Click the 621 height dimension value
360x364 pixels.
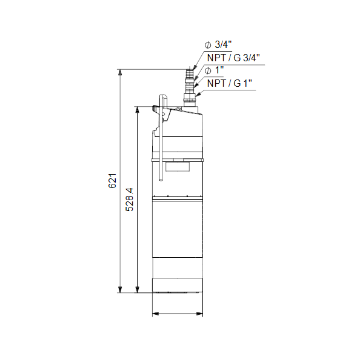pos(113,181)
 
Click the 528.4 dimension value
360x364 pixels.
pos(130,200)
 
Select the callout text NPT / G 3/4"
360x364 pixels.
pos(233,58)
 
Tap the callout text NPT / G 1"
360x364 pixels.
pos(230,83)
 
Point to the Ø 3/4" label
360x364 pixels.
pos(218,44)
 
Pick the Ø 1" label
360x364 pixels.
pos(214,70)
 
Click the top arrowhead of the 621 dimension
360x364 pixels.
pos(120,72)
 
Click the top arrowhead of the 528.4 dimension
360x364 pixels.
pos(138,110)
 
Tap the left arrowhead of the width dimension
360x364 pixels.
pos(155,314)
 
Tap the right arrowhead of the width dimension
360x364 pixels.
pos(199,314)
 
